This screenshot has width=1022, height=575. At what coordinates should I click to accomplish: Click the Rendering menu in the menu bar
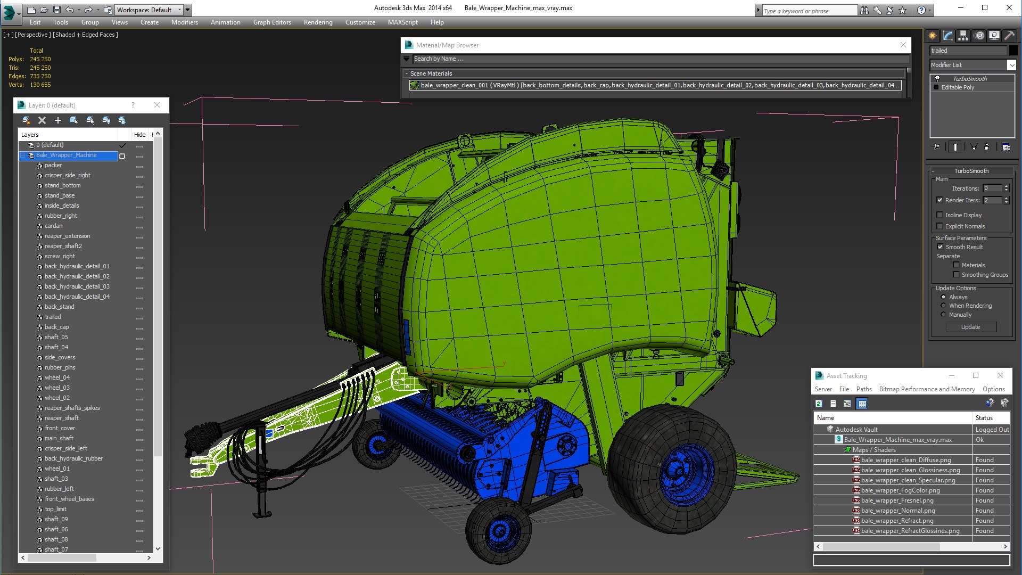pos(318,22)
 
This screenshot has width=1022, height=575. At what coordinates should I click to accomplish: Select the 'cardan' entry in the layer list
pos(53,226)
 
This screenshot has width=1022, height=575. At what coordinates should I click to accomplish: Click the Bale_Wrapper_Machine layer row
pos(67,155)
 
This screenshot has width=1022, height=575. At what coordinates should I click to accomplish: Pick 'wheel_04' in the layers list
pos(57,377)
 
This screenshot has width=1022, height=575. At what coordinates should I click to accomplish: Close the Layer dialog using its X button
pos(157,105)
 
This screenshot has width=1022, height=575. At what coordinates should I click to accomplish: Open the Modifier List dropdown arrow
pos(1011,65)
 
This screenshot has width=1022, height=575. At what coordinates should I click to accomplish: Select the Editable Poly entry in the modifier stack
pos(958,87)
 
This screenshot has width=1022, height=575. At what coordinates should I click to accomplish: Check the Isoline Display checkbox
pos(940,215)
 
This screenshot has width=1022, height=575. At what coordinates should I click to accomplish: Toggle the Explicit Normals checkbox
pos(940,226)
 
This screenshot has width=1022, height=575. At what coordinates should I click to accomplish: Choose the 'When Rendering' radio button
pos(944,306)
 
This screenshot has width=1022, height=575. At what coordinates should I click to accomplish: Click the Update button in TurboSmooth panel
pos(970,327)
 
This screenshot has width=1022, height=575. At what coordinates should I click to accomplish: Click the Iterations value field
pos(992,188)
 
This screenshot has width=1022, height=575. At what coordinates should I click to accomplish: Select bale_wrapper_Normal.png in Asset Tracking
pos(898,511)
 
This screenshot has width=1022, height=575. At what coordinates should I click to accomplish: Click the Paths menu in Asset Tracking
pos(863,389)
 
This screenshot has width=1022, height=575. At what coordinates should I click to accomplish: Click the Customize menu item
pos(360,22)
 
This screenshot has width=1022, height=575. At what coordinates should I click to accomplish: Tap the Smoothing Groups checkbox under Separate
pos(956,275)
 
